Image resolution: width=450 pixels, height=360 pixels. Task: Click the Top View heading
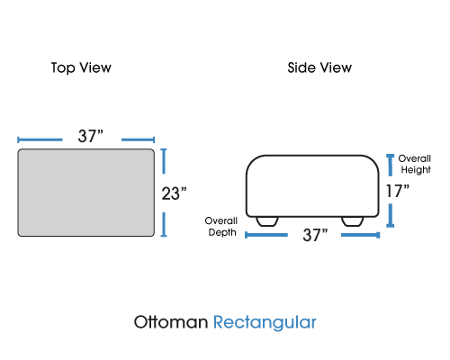pos(81,67)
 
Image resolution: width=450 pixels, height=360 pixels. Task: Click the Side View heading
pos(319,67)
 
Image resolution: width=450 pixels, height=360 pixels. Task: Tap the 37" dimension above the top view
pos(91,136)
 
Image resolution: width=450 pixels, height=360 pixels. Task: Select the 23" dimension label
pos(174,193)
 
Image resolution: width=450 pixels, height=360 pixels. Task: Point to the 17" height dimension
pos(398,191)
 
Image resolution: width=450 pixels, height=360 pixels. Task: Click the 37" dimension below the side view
pos(315,235)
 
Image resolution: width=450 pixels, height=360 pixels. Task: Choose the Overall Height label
pos(415,164)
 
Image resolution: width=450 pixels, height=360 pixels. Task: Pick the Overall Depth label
pos(221,227)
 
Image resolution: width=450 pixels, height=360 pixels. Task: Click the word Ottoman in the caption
pos(171,322)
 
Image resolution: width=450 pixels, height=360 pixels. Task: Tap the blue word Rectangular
pos(265,323)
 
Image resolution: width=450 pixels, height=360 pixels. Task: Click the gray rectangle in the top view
pos(86,193)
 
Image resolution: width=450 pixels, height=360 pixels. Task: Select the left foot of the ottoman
pos(267,221)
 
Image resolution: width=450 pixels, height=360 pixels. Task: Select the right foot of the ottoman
pos(353,221)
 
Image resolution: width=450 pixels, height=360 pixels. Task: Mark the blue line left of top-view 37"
pos(40,139)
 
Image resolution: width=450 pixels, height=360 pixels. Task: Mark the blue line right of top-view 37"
pos(138,139)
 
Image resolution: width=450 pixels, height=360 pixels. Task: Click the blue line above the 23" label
pos(164,161)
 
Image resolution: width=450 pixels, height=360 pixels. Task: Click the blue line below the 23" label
pos(164,224)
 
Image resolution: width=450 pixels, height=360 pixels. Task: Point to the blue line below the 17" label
pos(391,215)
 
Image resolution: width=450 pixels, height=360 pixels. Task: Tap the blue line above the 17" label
pos(391,165)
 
